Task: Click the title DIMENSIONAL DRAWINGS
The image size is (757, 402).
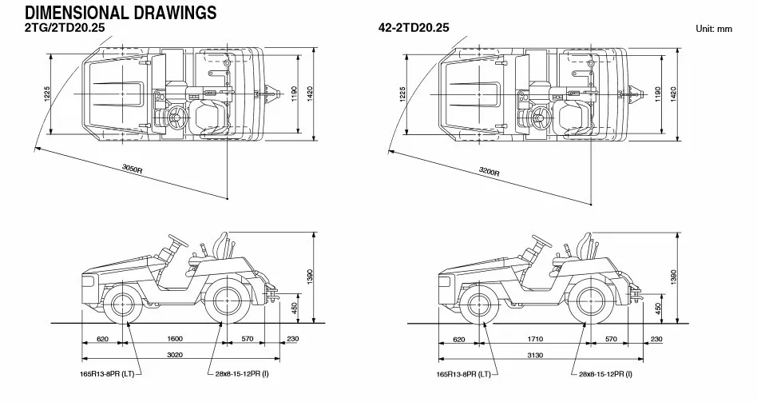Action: (121, 12)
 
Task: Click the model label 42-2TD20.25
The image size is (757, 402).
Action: (414, 27)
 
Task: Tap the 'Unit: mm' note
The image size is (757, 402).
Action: (714, 29)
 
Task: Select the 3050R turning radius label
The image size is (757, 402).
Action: (132, 169)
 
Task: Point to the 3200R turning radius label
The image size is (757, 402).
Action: (489, 171)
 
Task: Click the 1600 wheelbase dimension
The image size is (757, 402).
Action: (175, 339)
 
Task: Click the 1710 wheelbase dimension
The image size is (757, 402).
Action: (535, 339)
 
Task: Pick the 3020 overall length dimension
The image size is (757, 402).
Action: (175, 355)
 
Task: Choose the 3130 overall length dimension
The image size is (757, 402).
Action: (535, 355)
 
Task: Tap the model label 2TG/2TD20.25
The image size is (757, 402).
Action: (65, 27)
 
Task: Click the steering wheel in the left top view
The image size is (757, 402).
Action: (175, 117)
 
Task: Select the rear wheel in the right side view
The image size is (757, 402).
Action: (589, 304)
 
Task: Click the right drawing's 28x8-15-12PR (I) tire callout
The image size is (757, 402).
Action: (605, 374)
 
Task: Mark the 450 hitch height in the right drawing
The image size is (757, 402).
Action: (658, 308)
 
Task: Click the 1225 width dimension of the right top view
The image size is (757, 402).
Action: (402, 94)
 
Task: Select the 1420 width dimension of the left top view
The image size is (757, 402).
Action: (310, 94)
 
